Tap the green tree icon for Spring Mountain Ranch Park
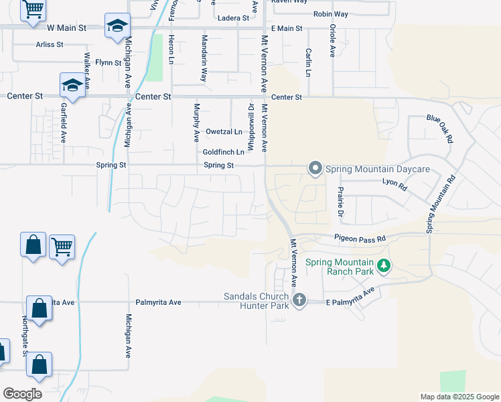384,267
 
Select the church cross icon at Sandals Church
299,299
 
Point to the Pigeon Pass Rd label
360,239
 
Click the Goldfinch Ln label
223,153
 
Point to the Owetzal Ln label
224,131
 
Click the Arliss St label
49,45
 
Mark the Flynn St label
109,62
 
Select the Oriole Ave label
332,41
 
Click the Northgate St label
25,334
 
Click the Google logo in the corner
22,394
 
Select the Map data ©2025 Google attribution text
459,397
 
